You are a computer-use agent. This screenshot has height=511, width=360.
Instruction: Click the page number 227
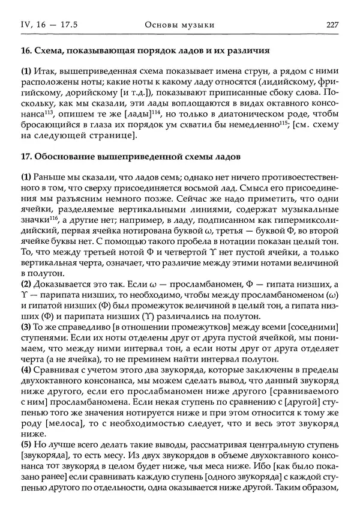[333, 25]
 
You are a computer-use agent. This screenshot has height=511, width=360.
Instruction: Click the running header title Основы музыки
[179, 25]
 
